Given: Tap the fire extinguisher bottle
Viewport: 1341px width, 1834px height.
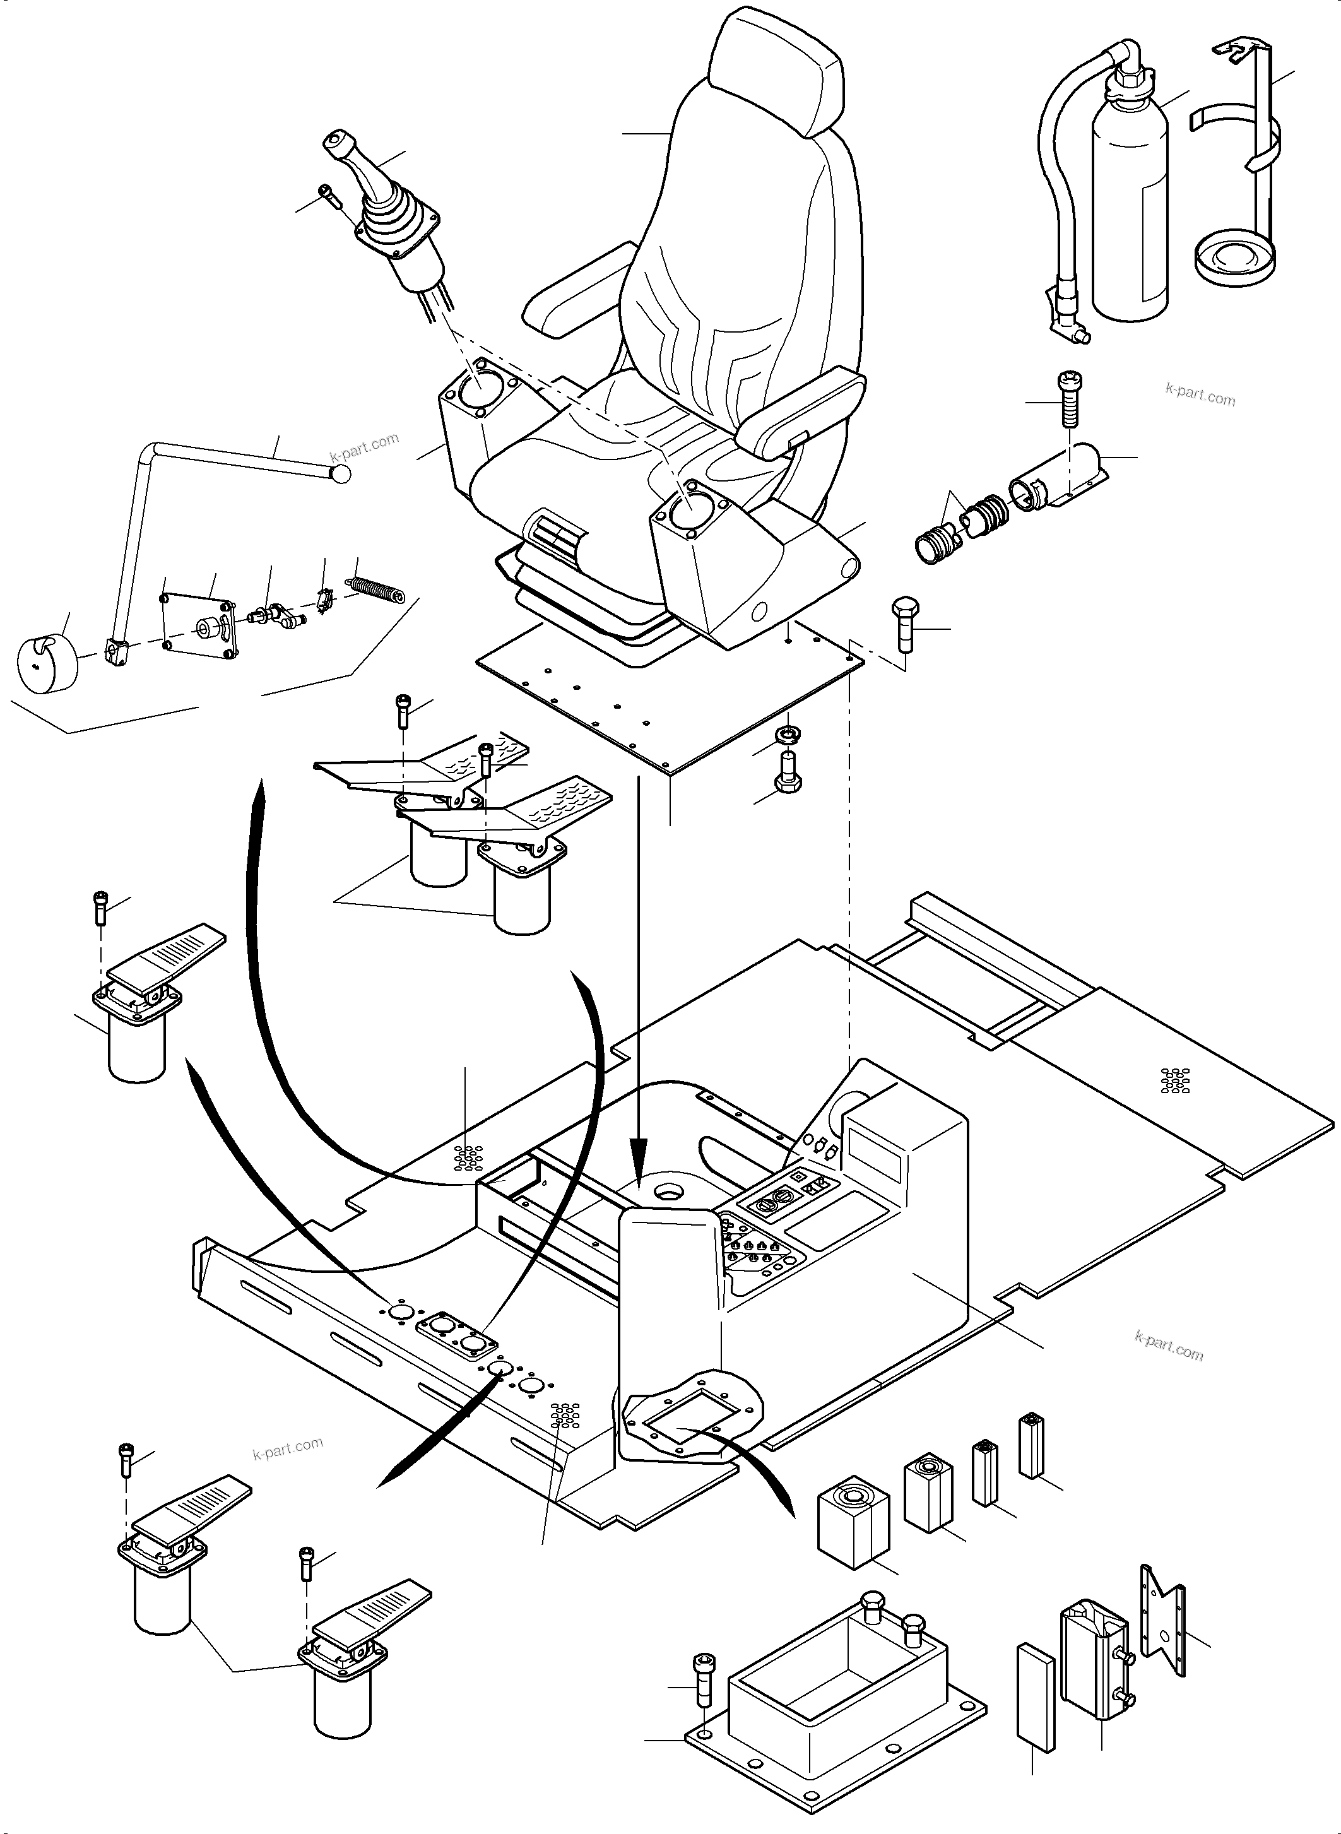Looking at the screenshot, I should (1130, 219).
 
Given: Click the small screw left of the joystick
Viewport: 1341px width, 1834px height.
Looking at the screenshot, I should (326, 196).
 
